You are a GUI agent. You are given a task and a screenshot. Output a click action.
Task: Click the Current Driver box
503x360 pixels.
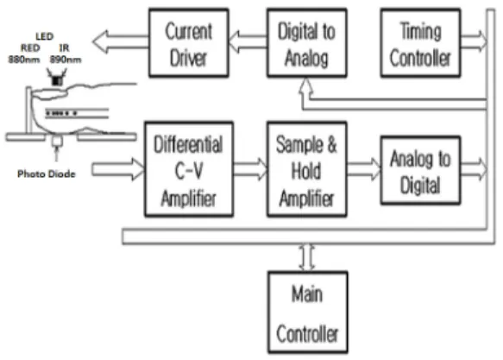[189, 43]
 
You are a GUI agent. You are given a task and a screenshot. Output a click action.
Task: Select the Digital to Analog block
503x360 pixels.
[306, 43]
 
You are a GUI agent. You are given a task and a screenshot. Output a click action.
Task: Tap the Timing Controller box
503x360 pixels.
[420, 43]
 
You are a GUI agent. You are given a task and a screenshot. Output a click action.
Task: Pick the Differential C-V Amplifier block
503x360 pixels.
[189, 169]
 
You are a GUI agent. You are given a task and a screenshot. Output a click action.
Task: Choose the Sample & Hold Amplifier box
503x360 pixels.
[306, 169]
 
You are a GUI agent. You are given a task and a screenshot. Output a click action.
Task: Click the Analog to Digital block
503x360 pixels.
[420, 170]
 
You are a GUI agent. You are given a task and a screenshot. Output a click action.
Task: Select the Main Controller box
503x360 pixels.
[308, 313]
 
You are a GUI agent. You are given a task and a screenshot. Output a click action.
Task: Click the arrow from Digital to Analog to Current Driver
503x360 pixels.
[248, 41]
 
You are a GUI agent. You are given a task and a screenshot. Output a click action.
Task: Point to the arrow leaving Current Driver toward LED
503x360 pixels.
[121, 41]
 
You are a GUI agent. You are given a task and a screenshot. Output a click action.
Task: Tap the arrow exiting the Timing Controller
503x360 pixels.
[474, 41]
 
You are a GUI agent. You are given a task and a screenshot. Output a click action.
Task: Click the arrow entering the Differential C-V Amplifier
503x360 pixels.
[118, 169]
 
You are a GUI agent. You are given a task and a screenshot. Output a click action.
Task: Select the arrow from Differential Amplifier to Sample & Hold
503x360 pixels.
[250, 169]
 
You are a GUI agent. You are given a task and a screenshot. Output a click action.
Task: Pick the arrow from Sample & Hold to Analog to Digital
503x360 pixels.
[364, 169]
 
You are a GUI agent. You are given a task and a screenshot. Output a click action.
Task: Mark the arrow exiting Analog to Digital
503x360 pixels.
[474, 169]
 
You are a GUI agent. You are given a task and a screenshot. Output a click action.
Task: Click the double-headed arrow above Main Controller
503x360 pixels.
[307, 257]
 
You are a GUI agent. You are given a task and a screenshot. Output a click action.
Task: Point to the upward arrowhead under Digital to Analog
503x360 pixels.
[306, 85]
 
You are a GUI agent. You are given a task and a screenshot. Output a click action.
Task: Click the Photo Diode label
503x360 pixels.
[47, 174]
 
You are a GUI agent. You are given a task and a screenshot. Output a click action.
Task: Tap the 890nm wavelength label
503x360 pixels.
[66, 60]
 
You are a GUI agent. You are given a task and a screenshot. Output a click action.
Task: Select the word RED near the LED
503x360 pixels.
[30, 48]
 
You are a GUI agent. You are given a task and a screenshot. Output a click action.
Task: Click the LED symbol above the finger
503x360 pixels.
[57, 78]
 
